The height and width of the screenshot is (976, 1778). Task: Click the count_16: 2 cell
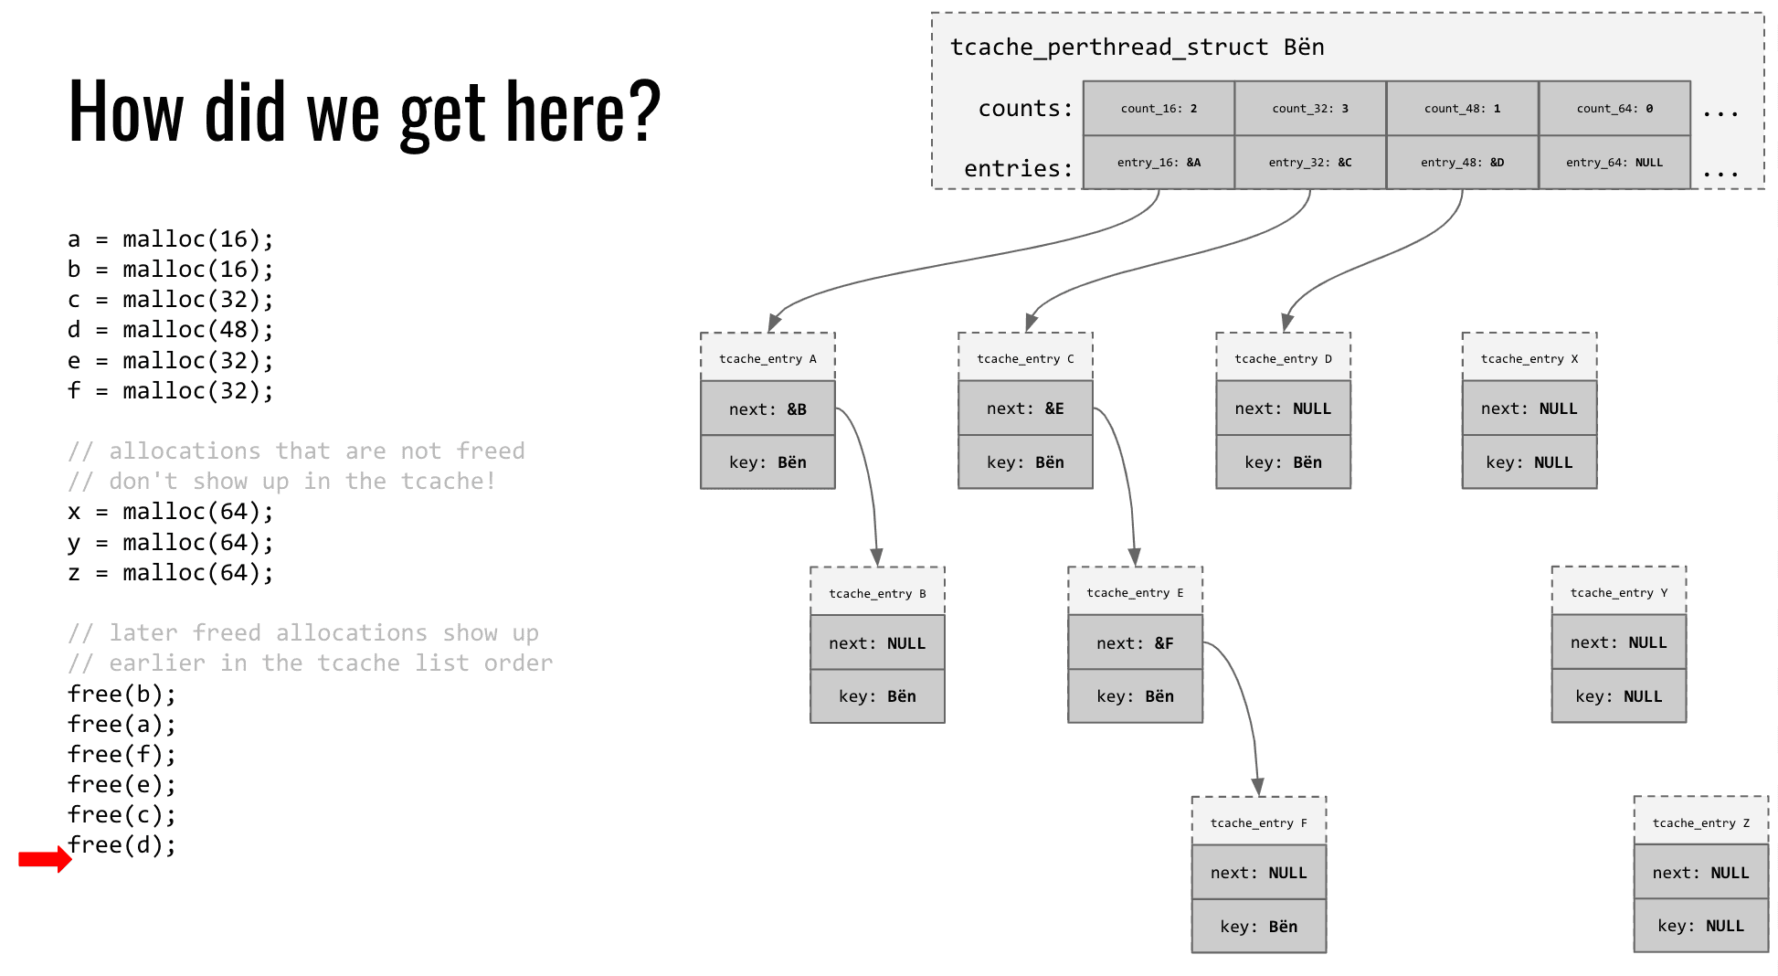click(1159, 109)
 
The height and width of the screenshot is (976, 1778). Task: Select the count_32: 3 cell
click(1310, 109)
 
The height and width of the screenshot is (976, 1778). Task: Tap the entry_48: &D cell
click(1462, 163)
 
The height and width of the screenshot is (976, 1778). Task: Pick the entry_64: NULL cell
click(1614, 163)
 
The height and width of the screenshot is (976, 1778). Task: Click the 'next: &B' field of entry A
click(767, 408)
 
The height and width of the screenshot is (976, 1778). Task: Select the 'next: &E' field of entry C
click(1025, 408)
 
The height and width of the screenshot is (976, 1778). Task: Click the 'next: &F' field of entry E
click(1135, 642)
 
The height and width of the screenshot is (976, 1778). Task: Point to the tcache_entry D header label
click(1283, 358)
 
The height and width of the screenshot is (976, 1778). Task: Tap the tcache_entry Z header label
click(1700, 822)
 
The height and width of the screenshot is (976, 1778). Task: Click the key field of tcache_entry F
click(1258, 926)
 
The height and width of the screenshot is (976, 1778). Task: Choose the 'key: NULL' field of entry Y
click(1618, 695)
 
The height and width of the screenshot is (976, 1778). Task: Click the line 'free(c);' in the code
click(122, 814)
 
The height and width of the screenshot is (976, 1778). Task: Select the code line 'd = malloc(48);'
click(170, 329)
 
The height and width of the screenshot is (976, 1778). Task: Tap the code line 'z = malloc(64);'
click(170, 572)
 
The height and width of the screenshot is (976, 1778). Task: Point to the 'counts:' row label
click(1025, 109)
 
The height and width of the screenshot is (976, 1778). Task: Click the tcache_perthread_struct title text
click(1137, 48)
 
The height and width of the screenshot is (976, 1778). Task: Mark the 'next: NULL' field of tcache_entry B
click(877, 642)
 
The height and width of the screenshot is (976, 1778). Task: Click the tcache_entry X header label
click(1529, 358)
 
